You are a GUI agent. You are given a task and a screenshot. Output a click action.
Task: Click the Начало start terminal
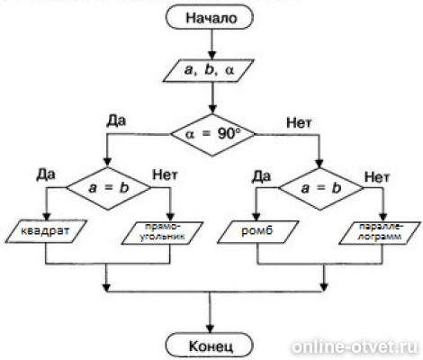211,18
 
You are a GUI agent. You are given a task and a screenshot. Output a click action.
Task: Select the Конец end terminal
211,343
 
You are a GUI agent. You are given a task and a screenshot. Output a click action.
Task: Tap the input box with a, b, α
212,67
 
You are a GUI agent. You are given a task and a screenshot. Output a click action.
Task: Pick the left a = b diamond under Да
107,188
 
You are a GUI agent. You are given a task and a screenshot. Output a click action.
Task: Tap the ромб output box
261,233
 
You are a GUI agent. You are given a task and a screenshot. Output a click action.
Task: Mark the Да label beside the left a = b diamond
47,171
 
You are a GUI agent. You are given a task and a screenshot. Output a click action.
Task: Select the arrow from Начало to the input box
211,42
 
